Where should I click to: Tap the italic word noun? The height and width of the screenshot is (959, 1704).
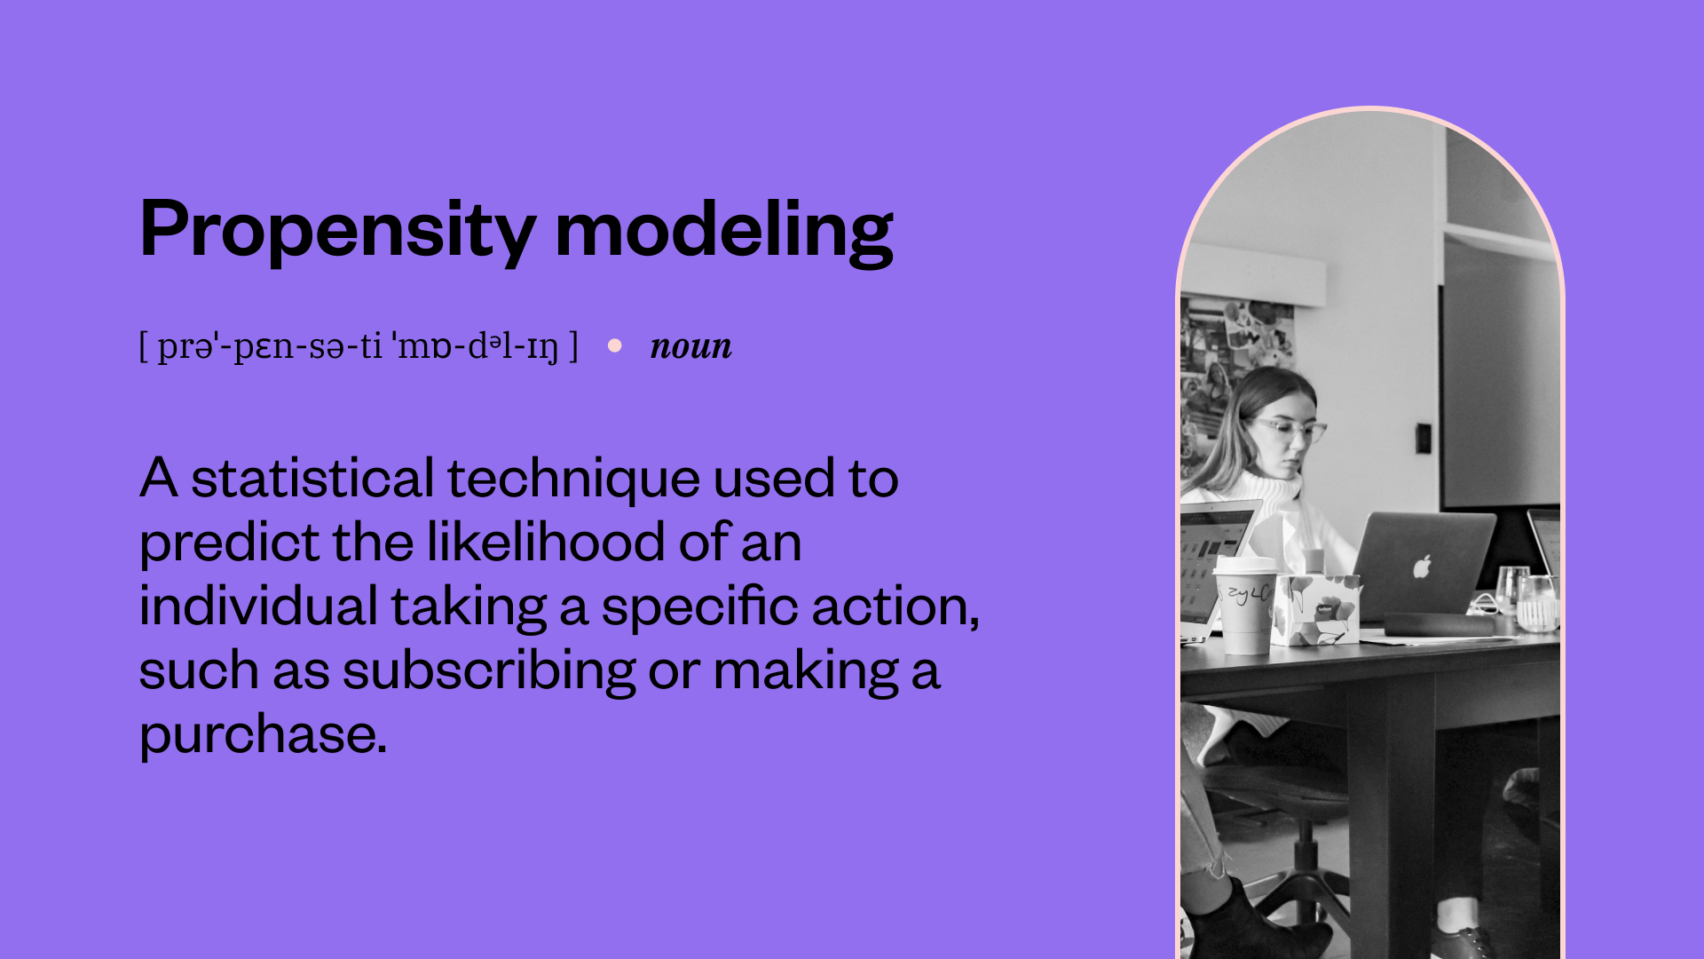[x=690, y=346]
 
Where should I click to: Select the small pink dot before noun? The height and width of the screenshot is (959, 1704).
[x=615, y=345]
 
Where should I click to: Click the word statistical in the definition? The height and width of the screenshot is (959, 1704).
[x=312, y=479]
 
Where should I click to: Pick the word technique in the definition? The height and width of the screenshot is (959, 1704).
[x=573, y=480]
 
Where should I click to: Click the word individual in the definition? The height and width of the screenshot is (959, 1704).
[x=258, y=606]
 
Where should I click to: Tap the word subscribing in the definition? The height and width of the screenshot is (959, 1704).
[x=488, y=670]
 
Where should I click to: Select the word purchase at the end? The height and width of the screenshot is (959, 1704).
[x=263, y=735]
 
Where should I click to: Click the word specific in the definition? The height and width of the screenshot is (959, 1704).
[x=700, y=608]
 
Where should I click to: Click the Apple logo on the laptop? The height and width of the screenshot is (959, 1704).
[x=1423, y=566]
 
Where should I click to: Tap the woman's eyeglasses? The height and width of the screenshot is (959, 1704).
[x=1291, y=431]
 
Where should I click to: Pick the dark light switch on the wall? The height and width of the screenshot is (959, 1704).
[x=1423, y=438]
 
